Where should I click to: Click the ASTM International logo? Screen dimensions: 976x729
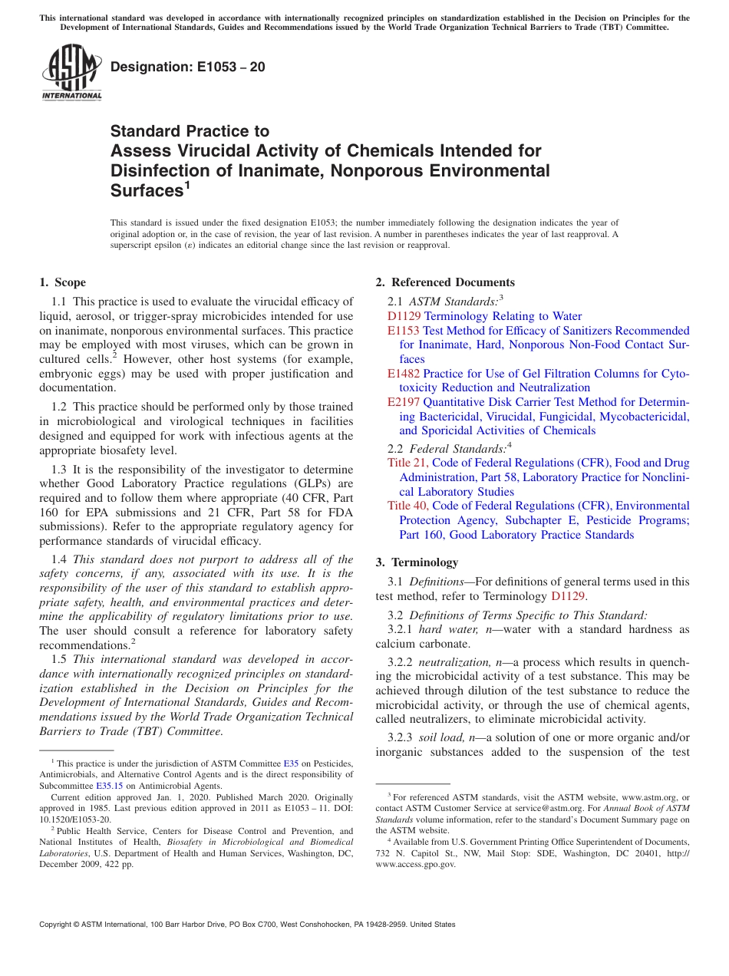[71, 73]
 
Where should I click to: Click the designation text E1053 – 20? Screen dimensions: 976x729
[188, 67]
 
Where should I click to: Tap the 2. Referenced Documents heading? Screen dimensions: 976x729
[445, 282]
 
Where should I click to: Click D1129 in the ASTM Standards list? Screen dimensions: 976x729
[404, 316]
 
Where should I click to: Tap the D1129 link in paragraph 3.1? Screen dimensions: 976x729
[568, 595]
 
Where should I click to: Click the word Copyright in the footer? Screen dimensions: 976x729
[58, 925]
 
